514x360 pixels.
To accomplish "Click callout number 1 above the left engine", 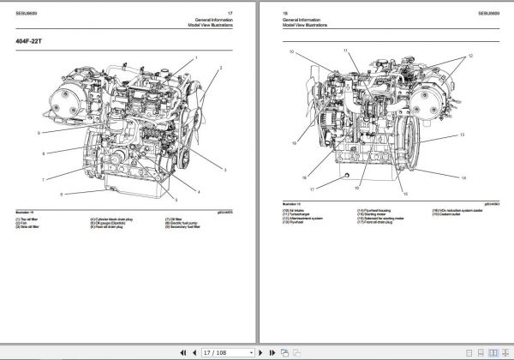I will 195,57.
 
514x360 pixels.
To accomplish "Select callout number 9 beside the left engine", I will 39,133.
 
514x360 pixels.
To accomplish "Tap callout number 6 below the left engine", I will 61,195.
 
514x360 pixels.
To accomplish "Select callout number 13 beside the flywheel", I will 462,135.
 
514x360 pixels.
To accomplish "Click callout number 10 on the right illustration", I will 291,53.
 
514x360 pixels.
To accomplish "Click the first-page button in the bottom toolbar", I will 181,351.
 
